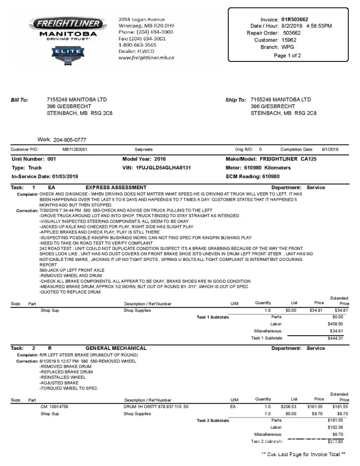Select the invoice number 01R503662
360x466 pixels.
coord(295,20)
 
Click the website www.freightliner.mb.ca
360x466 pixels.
coord(146,58)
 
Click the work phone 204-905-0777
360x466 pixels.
coord(70,140)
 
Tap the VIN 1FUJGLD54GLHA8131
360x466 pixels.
coord(163,168)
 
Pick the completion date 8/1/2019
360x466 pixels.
coord(330,150)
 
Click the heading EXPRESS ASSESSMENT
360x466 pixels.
coord(116,188)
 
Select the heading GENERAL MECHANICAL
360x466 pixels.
coord(116,348)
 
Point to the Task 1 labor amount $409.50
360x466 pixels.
coord(335,324)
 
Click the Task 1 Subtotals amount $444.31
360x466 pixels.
coord(335,338)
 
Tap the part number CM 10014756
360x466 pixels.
coord(54,407)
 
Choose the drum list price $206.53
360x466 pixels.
coord(291,407)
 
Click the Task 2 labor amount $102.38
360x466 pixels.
coord(335,427)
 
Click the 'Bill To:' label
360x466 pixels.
coord(20,100)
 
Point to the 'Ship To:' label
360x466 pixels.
coord(236,100)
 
